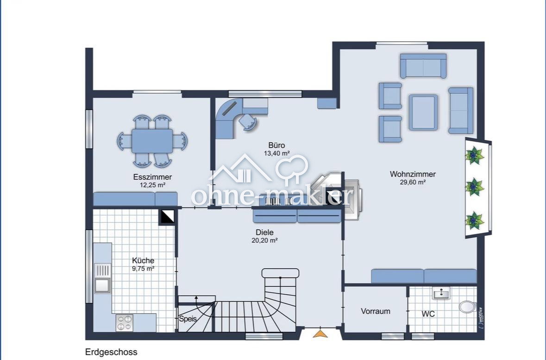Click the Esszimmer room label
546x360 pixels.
(x=152, y=177)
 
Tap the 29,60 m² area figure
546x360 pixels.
(x=413, y=182)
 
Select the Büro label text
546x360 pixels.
(x=276, y=145)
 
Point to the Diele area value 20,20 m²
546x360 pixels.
(x=264, y=240)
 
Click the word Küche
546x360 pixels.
(x=143, y=260)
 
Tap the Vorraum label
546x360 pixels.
(x=376, y=311)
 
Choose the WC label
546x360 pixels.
(x=428, y=314)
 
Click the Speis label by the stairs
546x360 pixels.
(x=188, y=318)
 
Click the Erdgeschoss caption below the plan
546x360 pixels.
(x=111, y=352)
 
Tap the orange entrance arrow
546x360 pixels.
(x=320, y=334)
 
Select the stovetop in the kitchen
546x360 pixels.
(x=124, y=322)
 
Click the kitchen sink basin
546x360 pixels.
(x=102, y=285)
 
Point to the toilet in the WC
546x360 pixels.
(x=467, y=307)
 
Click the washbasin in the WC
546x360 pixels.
(x=441, y=293)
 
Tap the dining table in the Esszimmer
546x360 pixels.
(x=152, y=141)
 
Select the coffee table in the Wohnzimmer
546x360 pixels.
(x=423, y=112)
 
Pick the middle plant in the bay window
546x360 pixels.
(x=474, y=188)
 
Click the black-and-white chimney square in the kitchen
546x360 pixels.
(x=167, y=217)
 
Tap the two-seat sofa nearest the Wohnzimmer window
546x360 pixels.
(x=423, y=65)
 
